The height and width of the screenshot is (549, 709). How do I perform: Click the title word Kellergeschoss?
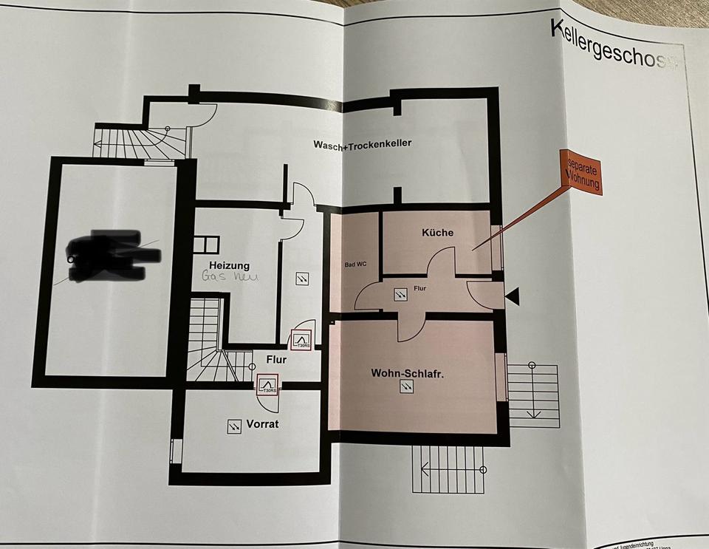(612, 44)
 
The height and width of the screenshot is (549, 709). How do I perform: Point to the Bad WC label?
(356, 264)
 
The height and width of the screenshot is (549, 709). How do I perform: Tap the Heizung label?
(229, 265)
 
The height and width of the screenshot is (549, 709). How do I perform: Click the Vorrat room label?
(263, 424)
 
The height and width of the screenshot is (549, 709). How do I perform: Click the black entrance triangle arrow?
(513, 297)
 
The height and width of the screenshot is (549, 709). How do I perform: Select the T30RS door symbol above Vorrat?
(267, 384)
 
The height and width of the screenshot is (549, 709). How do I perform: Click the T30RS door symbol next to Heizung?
(301, 339)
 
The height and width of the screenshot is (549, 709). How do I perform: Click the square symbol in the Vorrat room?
(235, 426)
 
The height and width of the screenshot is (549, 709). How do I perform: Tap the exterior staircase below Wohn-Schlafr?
(448, 468)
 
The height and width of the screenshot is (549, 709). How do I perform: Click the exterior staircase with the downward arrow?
(532, 395)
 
